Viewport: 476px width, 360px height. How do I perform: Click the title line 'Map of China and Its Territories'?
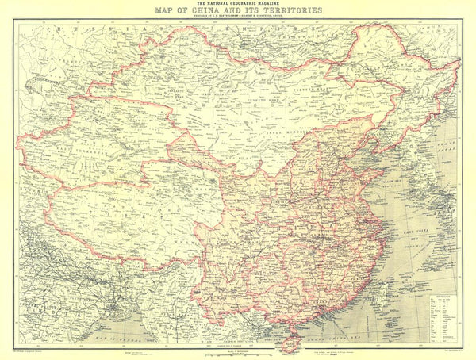(237, 11)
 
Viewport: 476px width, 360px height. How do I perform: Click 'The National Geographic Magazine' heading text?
(237, 4)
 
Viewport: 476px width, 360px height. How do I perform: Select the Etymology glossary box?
(443, 317)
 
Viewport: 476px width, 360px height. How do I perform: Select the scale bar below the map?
(237, 350)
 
